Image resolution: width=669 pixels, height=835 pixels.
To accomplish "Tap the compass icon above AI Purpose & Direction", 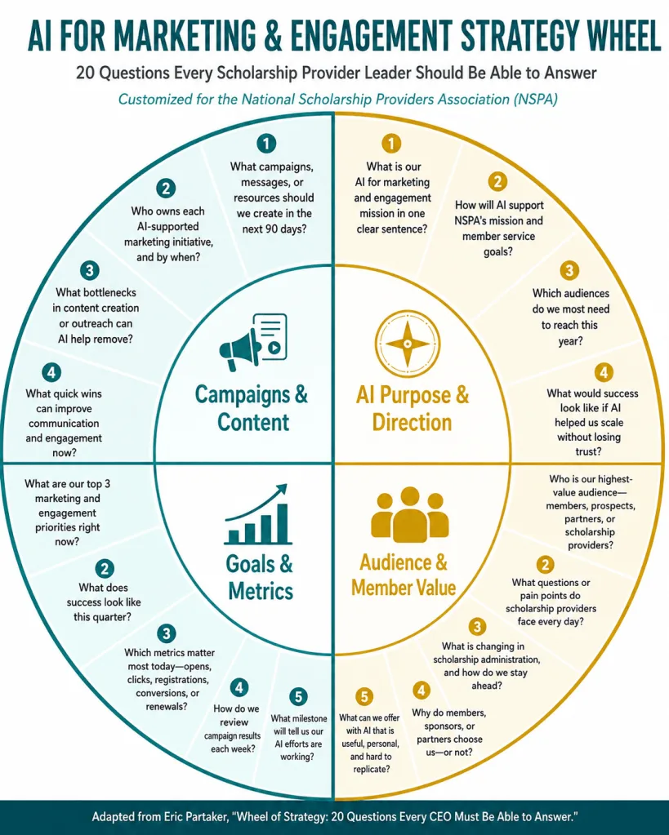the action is click(x=408, y=344).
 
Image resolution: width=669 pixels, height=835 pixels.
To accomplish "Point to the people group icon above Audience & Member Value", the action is click(x=409, y=513).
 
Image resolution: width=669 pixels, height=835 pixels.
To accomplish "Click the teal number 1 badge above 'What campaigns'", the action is click(x=266, y=144).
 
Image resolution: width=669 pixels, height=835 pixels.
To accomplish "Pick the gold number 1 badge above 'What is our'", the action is click(x=391, y=144).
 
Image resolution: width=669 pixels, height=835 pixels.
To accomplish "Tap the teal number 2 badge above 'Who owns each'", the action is click(x=167, y=188).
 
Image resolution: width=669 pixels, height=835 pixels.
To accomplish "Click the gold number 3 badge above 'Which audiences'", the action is click(x=569, y=270).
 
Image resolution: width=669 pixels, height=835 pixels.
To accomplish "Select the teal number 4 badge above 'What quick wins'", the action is click(x=51, y=371).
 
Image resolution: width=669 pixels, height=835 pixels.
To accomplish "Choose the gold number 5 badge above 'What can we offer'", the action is click(x=364, y=696).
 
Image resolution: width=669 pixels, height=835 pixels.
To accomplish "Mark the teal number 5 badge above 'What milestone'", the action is click(x=298, y=696).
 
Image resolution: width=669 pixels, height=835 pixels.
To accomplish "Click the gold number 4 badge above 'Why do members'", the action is click(x=421, y=691).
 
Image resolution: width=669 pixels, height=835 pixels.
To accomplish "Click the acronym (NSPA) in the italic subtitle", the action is click(x=536, y=100).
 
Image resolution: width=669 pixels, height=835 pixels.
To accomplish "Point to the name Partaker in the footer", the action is click(x=203, y=817).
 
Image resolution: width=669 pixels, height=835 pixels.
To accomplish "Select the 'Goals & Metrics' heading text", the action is click(x=260, y=577).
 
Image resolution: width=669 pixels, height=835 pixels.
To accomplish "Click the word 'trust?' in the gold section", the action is click(x=588, y=451).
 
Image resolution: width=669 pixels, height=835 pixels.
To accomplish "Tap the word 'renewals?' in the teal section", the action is click(x=167, y=707).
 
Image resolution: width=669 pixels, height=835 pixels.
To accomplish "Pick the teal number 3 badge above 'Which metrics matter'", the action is click(x=167, y=633).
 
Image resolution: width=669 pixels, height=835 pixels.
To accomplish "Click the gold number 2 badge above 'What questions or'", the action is click(x=545, y=565).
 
